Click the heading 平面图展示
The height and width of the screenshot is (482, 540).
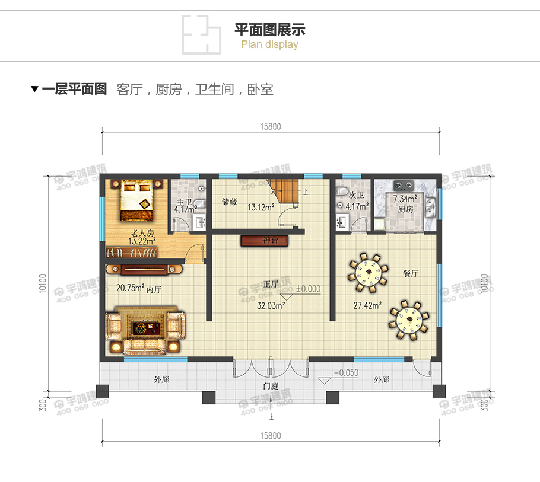(270, 30)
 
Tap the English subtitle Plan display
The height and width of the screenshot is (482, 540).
(270, 44)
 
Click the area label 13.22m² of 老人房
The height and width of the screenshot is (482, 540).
(142, 241)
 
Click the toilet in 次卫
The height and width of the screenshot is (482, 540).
(341, 193)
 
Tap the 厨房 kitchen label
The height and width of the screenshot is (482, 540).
(405, 209)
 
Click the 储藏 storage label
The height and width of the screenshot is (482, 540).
(230, 202)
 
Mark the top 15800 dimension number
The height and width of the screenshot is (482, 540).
(270, 126)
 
